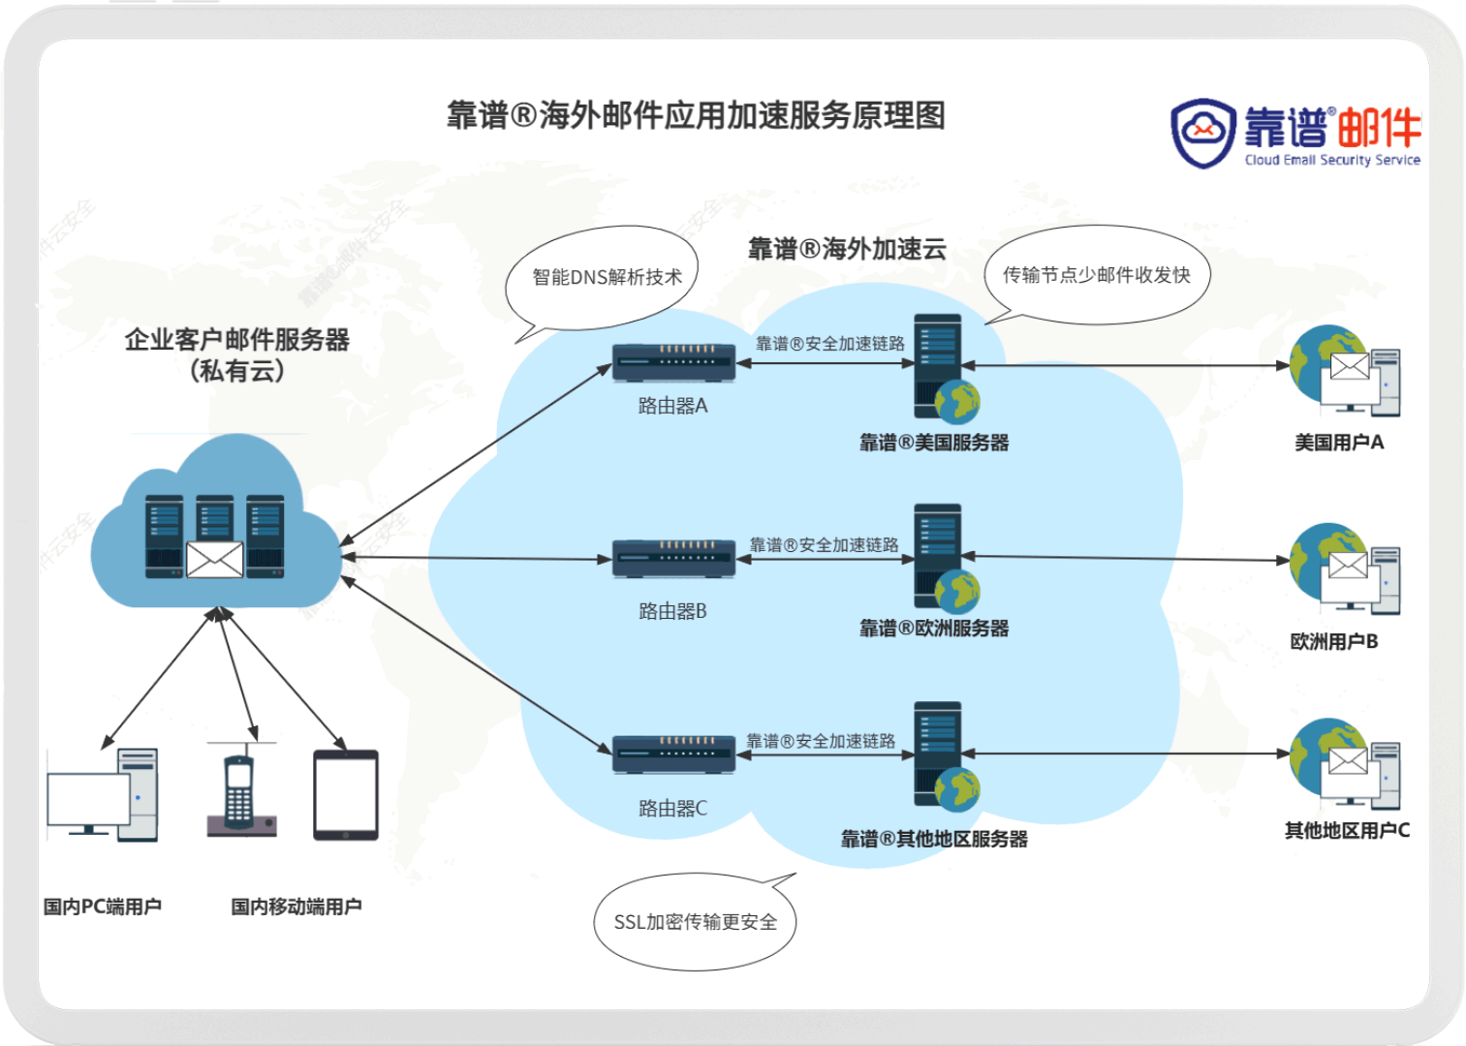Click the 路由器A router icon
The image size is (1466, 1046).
click(673, 363)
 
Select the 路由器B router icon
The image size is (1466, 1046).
click(673, 559)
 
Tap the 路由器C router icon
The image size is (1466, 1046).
click(673, 754)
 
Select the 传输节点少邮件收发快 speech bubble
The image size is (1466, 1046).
click(1096, 275)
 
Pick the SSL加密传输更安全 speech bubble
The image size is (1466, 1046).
click(695, 921)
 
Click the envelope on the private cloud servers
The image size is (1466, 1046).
click(214, 559)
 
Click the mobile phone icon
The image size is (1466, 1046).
click(239, 792)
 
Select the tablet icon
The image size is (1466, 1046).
click(346, 795)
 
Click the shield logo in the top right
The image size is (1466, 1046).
click(1202, 133)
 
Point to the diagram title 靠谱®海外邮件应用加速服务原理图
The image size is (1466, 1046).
click(696, 115)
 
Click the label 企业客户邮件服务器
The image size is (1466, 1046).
click(237, 340)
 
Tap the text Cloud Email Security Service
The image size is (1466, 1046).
click(1332, 161)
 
